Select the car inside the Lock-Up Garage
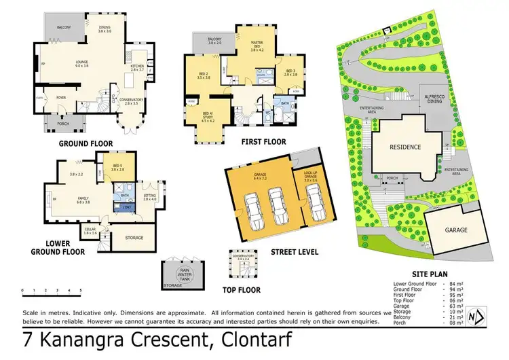click(x=314, y=206)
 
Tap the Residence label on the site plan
click(x=404, y=147)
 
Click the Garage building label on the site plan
click(x=456, y=230)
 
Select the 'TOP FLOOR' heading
click(x=244, y=289)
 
